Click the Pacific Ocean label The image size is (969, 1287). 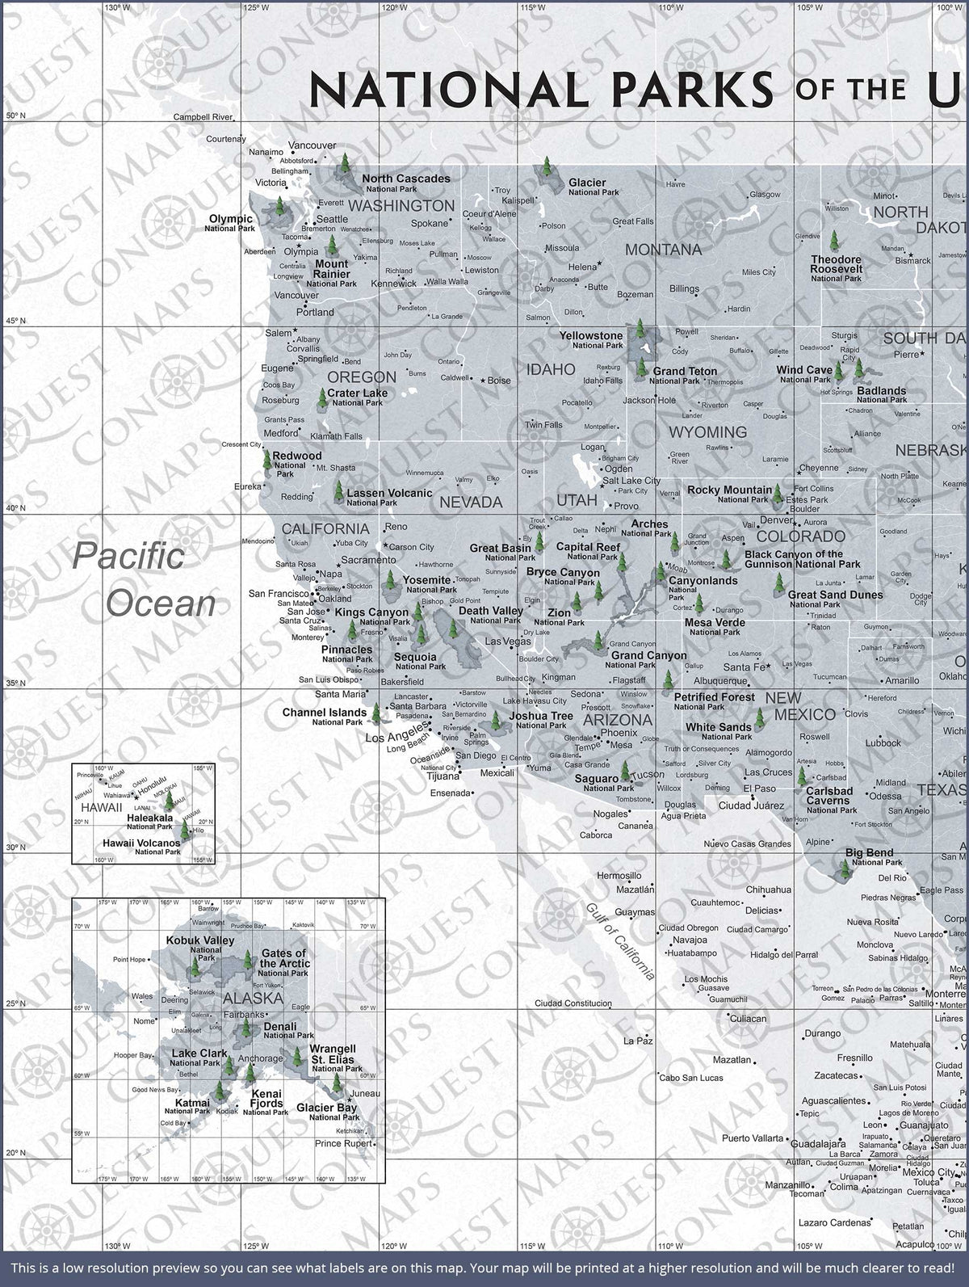(145, 580)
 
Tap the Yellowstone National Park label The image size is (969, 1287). (592, 339)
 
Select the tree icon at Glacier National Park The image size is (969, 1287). (546, 170)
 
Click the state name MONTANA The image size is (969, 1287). (664, 250)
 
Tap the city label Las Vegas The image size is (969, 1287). (508, 641)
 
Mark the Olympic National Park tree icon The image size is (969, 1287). (280, 208)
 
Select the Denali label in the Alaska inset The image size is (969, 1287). (280, 1027)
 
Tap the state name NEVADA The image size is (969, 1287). (471, 503)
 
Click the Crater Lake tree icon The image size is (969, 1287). (322, 398)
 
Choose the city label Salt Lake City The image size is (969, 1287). (631, 481)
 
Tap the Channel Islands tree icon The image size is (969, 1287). (375, 712)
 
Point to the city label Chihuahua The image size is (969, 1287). (768, 890)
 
